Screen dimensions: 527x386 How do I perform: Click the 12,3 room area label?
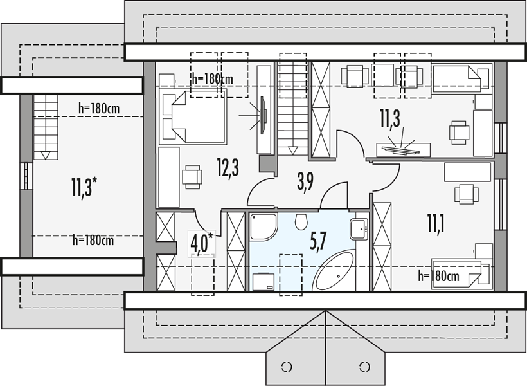(228, 168)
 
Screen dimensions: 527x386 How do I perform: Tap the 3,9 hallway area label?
(305, 183)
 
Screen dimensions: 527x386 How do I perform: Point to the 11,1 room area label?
(436, 224)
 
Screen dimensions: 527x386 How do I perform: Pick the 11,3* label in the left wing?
(84, 187)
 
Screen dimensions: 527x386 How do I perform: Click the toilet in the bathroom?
(301, 222)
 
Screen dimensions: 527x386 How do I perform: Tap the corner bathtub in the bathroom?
(334, 271)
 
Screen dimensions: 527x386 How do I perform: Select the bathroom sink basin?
(359, 229)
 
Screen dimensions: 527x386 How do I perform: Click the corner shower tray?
(263, 226)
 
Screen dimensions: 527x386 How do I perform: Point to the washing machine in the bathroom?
(263, 282)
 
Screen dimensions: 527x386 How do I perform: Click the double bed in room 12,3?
(199, 116)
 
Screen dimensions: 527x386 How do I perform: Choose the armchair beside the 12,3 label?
(192, 176)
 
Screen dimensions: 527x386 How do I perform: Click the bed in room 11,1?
(461, 273)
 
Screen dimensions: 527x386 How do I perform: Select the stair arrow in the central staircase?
(293, 150)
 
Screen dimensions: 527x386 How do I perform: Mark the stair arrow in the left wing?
(46, 155)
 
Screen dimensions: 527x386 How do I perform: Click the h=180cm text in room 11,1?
(438, 277)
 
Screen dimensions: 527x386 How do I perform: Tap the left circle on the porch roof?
(287, 367)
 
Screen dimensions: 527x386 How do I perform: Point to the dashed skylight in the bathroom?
(290, 275)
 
